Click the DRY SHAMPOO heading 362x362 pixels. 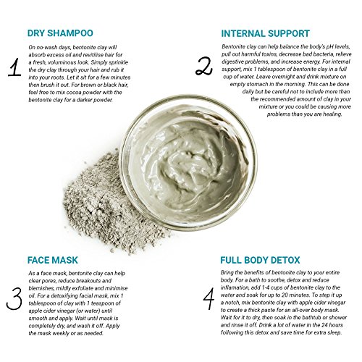[x=60, y=33]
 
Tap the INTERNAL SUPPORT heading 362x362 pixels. [x=266, y=33]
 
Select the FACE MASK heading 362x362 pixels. [x=53, y=260]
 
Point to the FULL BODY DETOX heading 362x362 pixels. [x=260, y=260]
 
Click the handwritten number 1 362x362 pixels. [x=15, y=67]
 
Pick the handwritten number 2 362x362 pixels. [x=204, y=66]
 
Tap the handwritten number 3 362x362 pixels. [x=14, y=299]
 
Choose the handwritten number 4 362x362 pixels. [x=209, y=298]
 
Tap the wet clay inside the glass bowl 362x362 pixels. [x=190, y=164]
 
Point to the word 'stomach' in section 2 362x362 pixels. [x=264, y=84]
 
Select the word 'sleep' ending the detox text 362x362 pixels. [x=334, y=332]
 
